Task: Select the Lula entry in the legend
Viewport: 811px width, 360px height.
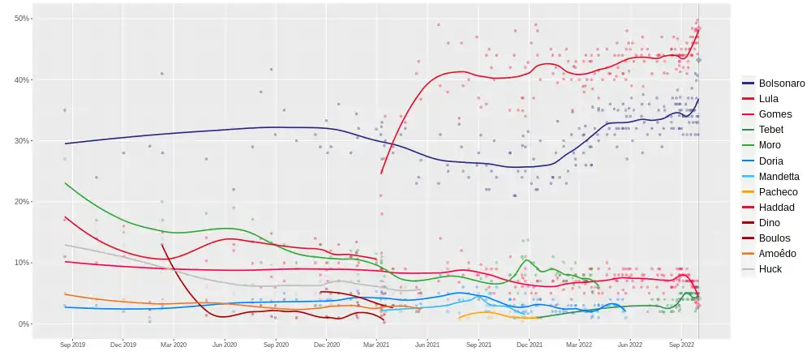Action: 770,99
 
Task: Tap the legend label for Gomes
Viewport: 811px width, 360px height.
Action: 775,114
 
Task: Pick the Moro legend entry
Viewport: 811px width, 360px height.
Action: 770,145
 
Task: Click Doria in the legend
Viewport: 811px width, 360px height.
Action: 771,161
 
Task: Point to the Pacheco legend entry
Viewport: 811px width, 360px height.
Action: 778,192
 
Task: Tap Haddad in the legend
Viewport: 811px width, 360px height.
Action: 775,208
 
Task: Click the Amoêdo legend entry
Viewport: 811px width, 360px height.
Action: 777,254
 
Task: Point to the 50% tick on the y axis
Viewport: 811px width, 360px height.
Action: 23,19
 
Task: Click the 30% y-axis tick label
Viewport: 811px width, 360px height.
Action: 23,141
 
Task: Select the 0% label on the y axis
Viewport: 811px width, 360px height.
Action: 24,324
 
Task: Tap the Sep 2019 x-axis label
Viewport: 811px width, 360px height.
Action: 72,345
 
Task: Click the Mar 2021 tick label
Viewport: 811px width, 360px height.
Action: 377,345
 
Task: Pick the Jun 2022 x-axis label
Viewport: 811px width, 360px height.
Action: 630,345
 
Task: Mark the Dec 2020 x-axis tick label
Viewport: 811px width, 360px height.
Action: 326,345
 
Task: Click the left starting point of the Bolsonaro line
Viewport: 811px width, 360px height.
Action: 66,144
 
